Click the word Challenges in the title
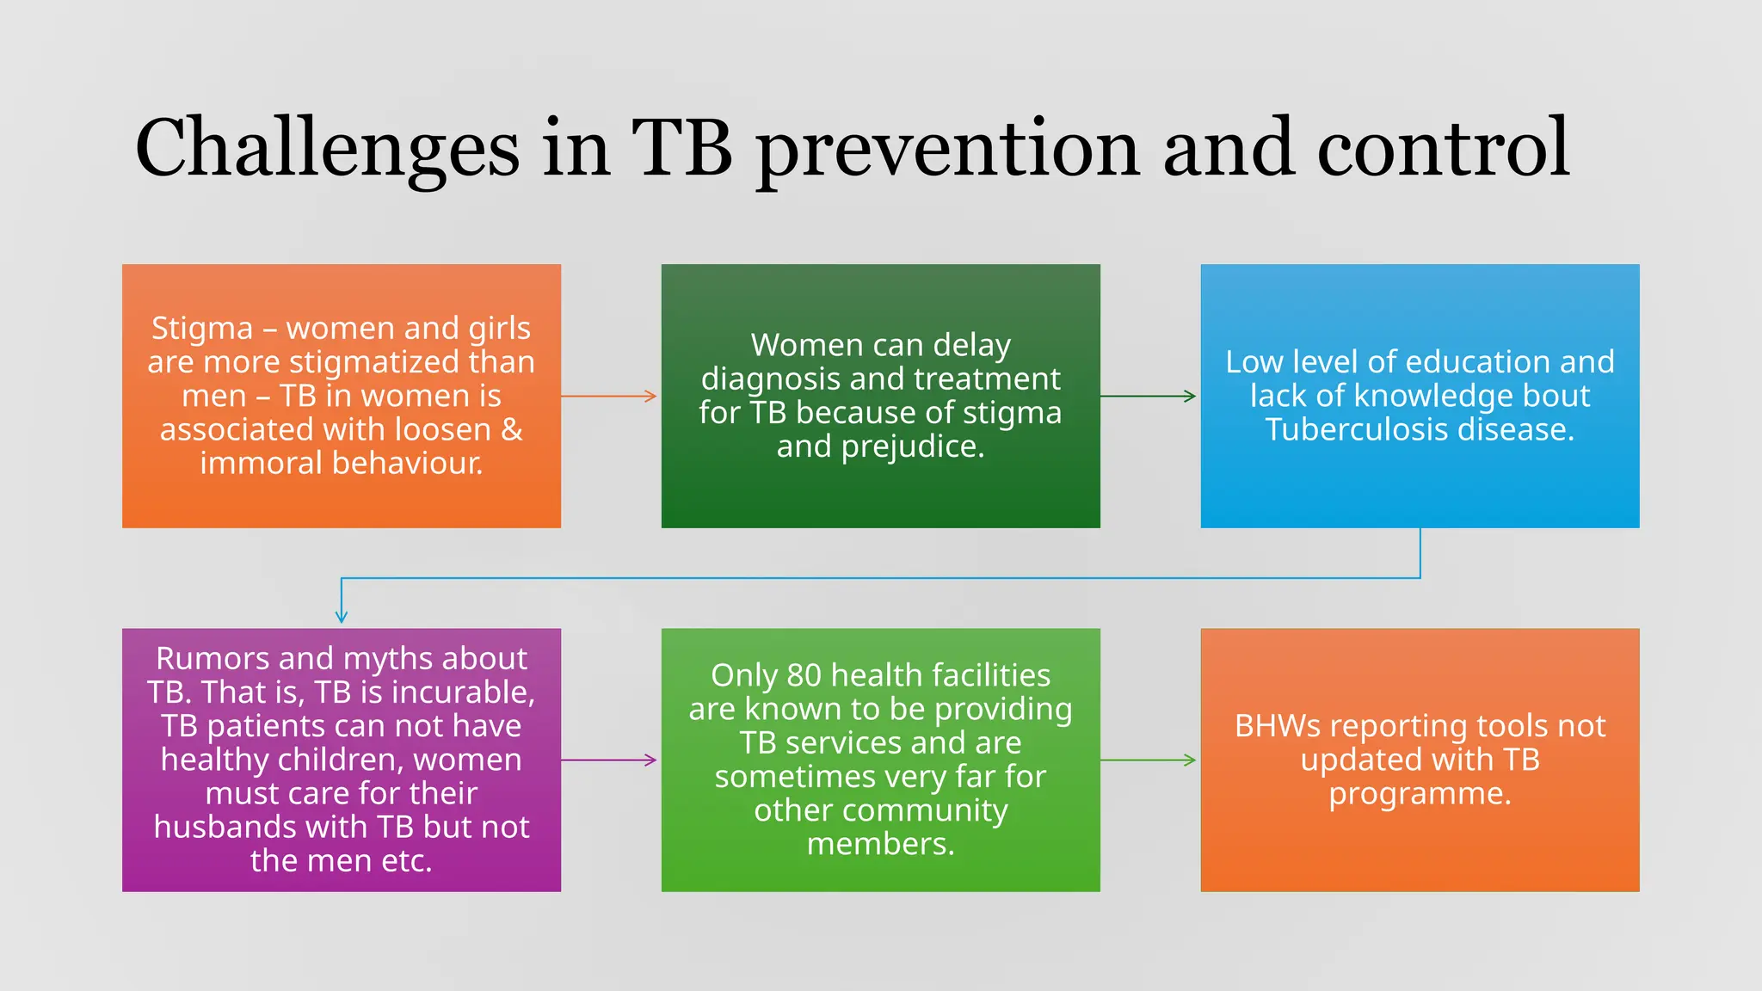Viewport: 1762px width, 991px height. click(x=327, y=148)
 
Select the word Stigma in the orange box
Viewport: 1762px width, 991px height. click(x=202, y=329)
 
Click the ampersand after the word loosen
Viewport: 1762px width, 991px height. click(x=512, y=429)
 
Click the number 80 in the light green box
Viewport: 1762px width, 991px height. click(x=804, y=675)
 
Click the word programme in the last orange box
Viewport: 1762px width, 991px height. click(x=1420, y=794)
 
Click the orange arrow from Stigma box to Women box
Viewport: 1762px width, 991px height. click(x=609, y=397)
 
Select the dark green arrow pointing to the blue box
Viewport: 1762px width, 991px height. click(x=1148, y=397)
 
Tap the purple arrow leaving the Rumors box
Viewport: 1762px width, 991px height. click(x=609, y=760)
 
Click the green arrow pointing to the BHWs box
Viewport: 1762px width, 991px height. click(x=1148, y=760)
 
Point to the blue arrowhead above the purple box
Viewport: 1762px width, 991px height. click(x=342, y=616)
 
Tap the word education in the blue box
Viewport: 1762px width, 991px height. click(x=1486, y=362)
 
